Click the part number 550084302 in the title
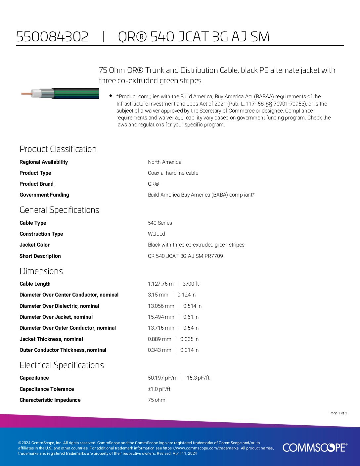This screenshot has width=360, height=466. click(52, 36)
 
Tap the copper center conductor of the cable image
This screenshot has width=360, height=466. click(26, 94)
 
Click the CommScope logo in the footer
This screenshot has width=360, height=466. click(315, 447)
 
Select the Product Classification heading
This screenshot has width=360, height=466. click(58, 149)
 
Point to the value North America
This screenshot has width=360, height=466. click(164, 162)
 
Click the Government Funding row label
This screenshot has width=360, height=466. click(44, 195)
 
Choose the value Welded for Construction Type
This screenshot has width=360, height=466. click(157, 234)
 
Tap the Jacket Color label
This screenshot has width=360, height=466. click(34, 245)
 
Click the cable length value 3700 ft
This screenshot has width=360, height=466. click(191, 284)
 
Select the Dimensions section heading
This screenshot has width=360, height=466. click(41, 271)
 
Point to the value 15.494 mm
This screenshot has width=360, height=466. click(161, 317)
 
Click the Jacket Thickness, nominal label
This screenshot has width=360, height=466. click(51, 339)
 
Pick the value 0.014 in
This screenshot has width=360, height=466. click(189, 350)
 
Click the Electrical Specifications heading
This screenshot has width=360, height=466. click(62, 365)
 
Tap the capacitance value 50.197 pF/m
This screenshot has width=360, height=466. click(162, 378)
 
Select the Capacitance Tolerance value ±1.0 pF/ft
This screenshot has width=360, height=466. click(159, 389)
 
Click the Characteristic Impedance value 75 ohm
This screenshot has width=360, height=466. click(157, 400)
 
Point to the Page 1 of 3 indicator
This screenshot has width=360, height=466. click(338, 413)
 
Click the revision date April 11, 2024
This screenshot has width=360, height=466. click(185, 453)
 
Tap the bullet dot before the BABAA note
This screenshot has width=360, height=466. click(111, 96)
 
